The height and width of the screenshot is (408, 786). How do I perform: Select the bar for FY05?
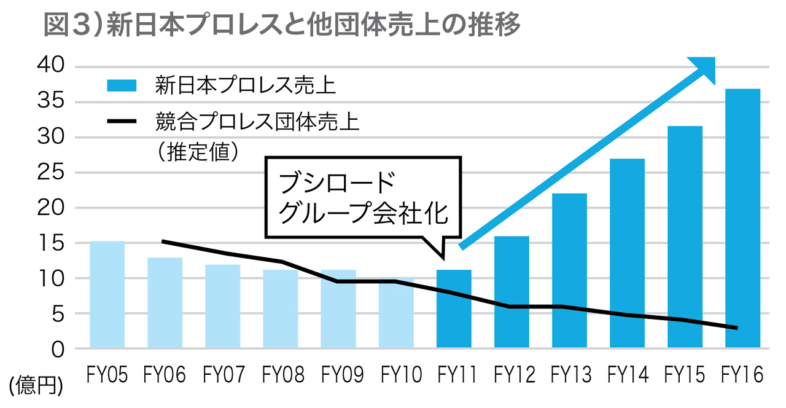[107, 295]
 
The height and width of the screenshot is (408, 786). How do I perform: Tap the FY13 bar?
[569, 270]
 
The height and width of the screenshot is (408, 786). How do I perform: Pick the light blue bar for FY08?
[281, 309]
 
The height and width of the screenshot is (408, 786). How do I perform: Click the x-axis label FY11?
[454, 374]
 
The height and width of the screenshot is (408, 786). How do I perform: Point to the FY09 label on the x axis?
[338, 374]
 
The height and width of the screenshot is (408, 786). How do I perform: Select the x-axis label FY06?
[165, 374]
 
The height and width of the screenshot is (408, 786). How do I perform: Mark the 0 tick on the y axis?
[58, 349]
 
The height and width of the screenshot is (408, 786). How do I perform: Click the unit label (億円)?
[36, 385]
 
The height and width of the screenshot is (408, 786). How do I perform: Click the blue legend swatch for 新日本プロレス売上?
[121, 85]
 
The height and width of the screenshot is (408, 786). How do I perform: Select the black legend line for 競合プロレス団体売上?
[121, 122]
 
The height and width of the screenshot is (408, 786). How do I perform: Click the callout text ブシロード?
[337, 184]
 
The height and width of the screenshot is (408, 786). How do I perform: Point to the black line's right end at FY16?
[736, 328]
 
